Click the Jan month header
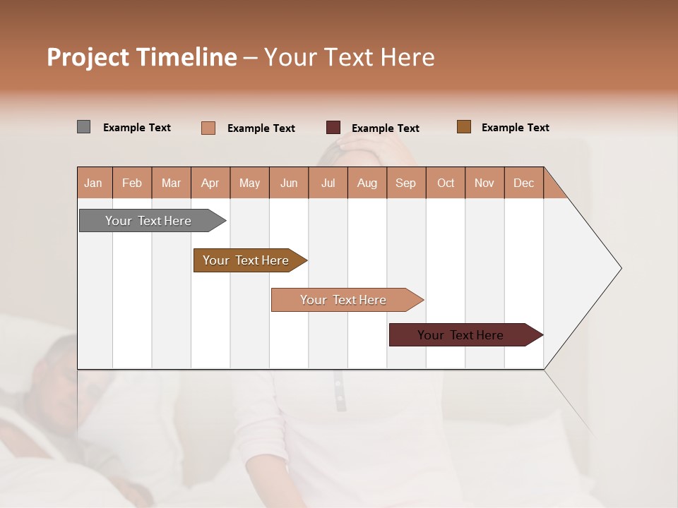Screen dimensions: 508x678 (94, 183)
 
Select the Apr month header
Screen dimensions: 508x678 (210, 183)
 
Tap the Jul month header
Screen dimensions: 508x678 (328, 183)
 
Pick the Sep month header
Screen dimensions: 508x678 (406, 183)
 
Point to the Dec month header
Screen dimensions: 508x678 (523, 183)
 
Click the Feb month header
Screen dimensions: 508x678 (132, 183)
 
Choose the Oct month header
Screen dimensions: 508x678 (446, 183)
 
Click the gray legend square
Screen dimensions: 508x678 (84, 127)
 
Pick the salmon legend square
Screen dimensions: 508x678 (208, 128)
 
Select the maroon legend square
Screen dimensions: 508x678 (333, 128)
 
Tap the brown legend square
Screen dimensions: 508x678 (464, 127)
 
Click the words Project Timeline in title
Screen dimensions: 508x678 (142, 57)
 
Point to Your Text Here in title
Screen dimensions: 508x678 (350, 57)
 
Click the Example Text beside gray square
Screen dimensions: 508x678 (137, 128)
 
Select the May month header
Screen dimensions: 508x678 (249, 183)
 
